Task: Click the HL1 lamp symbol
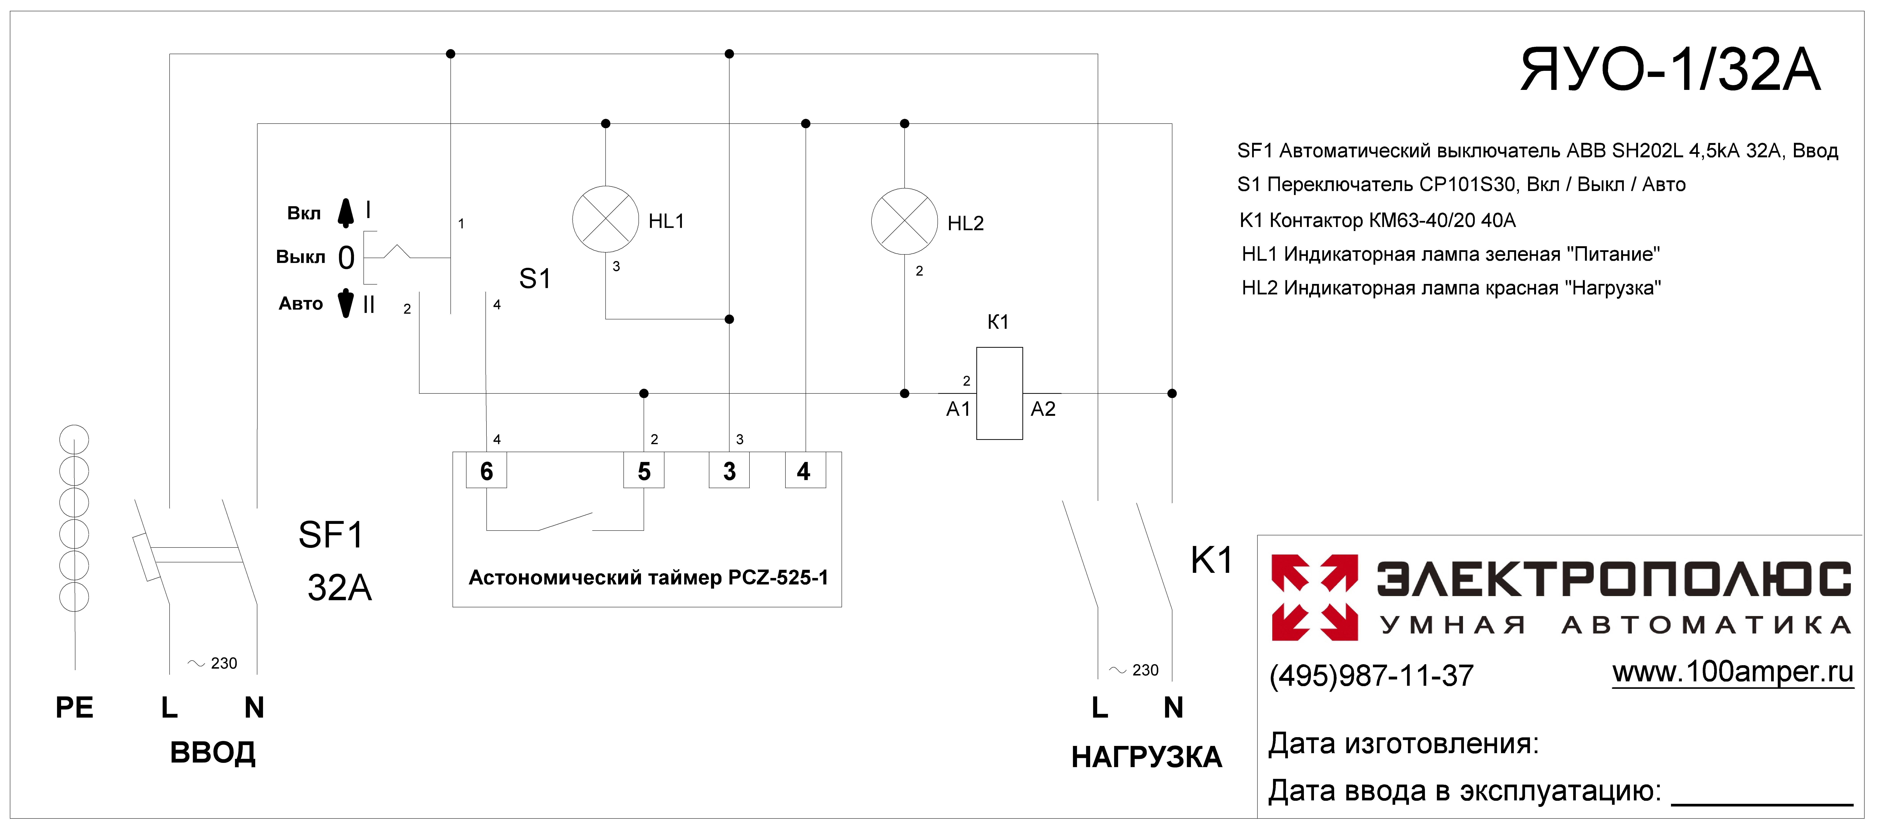coord(605,219)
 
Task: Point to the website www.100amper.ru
coord(1732,671)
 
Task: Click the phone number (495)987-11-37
coord(1371,675)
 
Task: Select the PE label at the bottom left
coord(75,707)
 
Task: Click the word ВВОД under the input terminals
coord(213,753)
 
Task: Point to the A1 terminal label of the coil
coord(958,409)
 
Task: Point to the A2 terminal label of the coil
coord(1043,409)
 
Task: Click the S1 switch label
coord(535,279)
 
